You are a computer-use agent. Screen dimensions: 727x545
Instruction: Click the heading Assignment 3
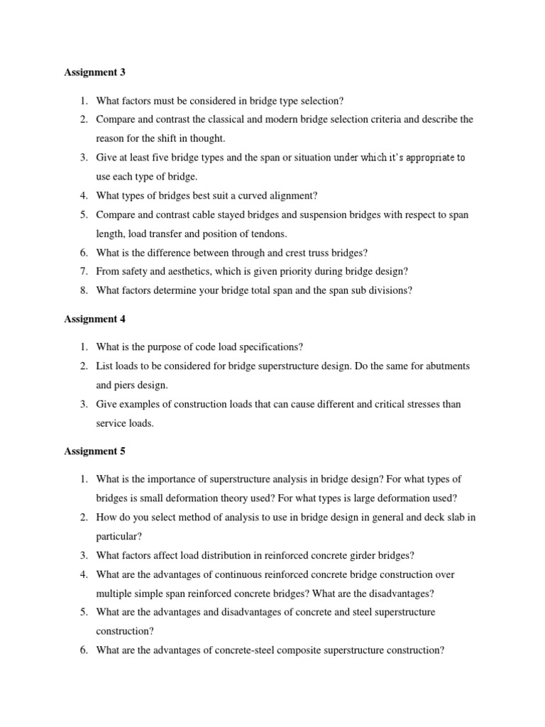click(94, 72)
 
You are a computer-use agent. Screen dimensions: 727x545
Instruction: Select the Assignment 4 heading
click(94, 319)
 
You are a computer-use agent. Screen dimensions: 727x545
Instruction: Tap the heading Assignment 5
click(94, 451)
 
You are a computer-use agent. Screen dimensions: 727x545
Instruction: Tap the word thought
click(209, 138)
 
